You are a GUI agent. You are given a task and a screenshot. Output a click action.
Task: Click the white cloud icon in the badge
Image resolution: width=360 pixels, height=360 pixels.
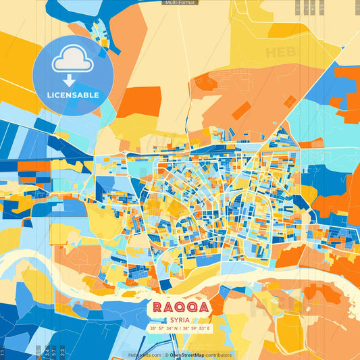[x=72, y=61]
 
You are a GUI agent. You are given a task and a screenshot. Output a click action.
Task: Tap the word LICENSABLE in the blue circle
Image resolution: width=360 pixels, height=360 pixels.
[x=72, y=95]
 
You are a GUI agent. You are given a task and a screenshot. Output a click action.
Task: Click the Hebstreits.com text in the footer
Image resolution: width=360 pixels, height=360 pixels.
[x=143, y=355]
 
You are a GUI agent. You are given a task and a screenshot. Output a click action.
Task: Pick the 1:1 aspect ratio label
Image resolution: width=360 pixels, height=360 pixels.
[x=3, y=353]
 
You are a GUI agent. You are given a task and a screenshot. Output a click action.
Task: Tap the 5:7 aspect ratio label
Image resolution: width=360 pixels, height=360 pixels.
[x=54, y=351]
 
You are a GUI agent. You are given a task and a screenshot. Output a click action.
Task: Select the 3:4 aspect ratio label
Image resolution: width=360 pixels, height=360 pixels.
[x=47, y=351]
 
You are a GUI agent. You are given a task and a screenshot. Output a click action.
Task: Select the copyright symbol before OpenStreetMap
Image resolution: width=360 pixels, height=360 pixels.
[x=165, y=355]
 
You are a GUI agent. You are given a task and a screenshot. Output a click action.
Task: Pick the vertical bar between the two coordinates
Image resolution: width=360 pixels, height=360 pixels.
[x=179, y=328]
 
